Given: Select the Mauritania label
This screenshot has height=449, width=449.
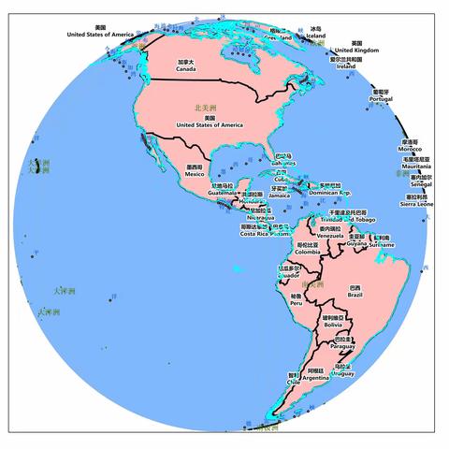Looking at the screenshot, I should tap(416, 164).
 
